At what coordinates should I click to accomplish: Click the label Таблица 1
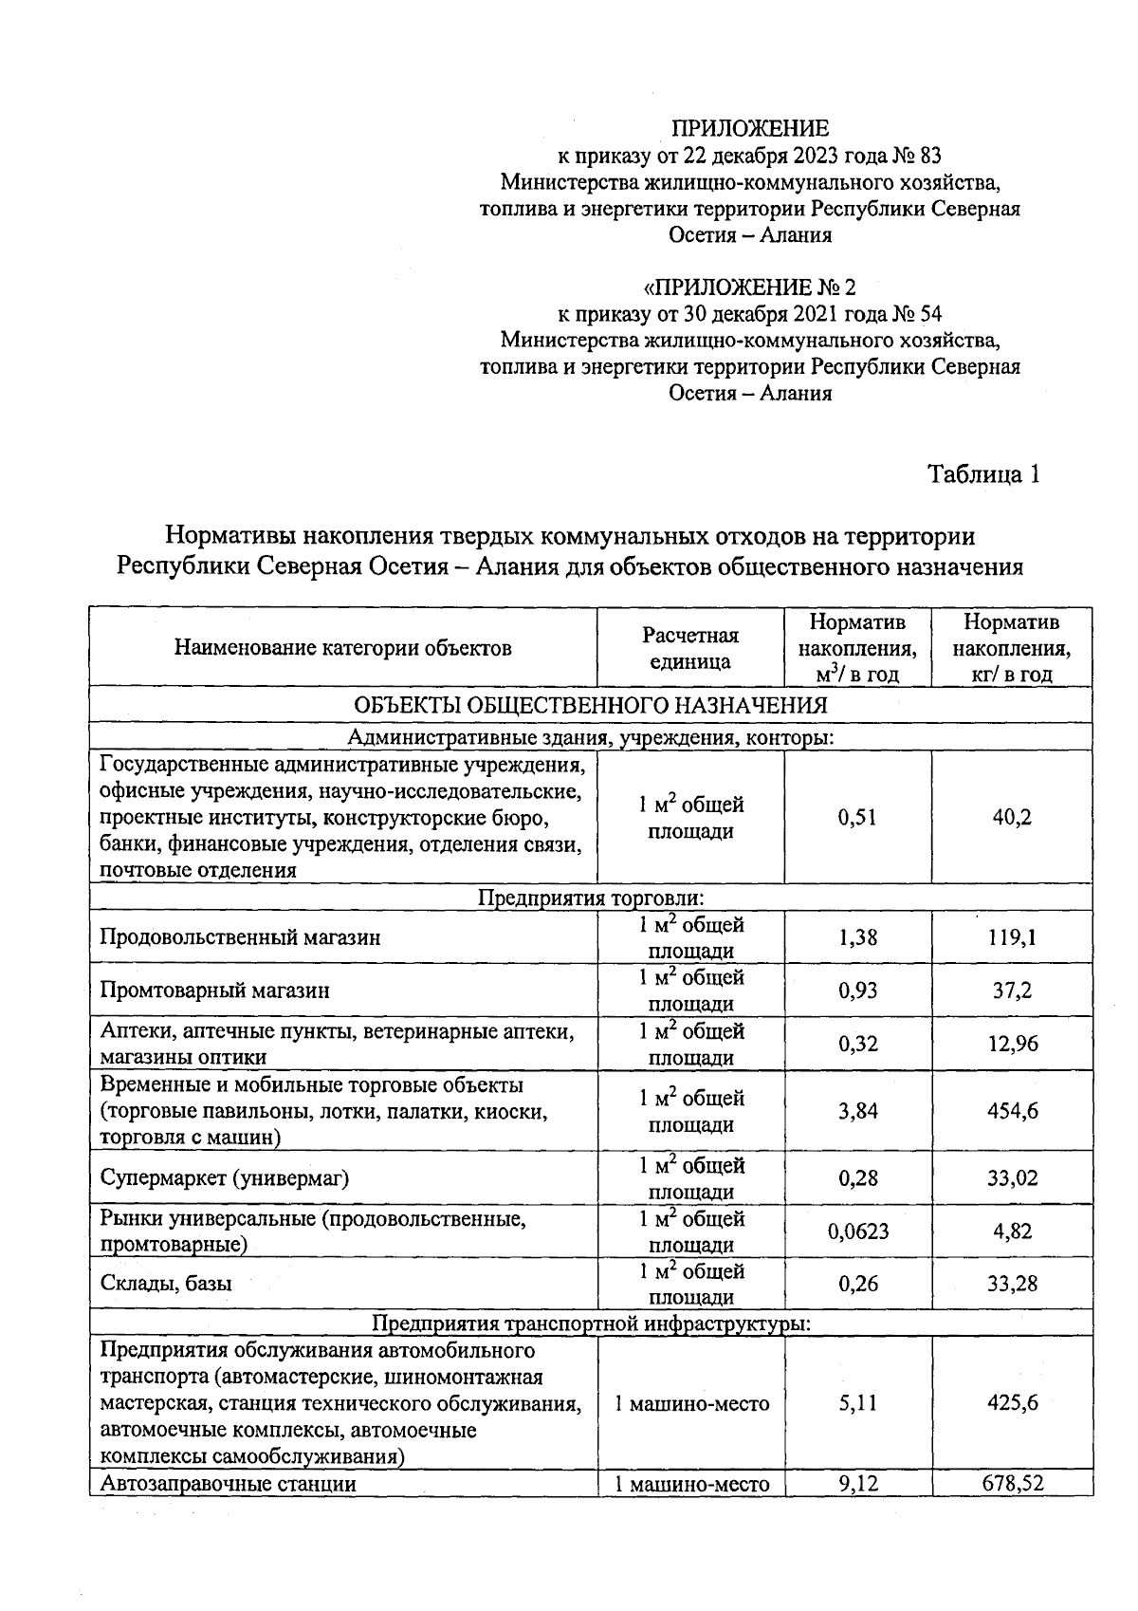coord(983,473)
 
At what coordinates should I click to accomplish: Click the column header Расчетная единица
coord(690,648)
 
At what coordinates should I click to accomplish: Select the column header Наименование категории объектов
coord(343,648)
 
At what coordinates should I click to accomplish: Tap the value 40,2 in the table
coord(1012,818)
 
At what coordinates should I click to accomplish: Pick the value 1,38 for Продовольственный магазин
coord(858,937)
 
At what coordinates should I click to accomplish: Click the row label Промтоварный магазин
coord(215,991)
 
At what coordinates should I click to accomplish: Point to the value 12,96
coord(1012,1044)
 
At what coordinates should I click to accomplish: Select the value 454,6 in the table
coord(1012,1111)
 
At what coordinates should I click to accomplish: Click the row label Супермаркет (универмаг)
coord(225,1178)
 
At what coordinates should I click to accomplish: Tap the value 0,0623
coord(858,1231)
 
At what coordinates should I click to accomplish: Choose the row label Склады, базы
coord(166,1284)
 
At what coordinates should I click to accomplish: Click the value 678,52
coord(1012,1483)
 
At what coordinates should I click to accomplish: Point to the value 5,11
coord(858,1402)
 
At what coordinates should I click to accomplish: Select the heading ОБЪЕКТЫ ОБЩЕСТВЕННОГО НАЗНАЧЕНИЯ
coord(590,705)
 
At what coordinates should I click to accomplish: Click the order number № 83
coord(917,155)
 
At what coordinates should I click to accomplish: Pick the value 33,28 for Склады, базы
coord(1012,1284)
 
